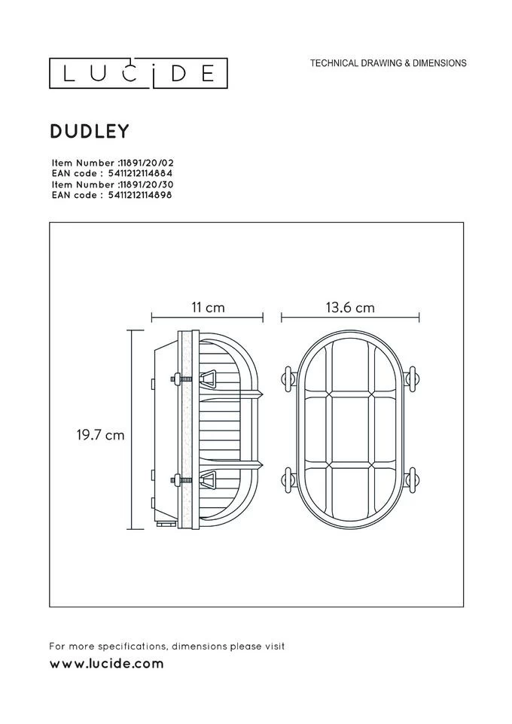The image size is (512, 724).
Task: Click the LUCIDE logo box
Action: click(139, 73)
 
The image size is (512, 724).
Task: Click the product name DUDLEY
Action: click(90, 131)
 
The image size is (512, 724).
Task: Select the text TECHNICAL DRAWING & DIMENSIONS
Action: click(388, 64)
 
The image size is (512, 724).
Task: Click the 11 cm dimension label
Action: click(208, 308)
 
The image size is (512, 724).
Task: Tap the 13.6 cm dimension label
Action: click(350, 308)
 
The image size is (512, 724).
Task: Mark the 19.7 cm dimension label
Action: click(100, 434)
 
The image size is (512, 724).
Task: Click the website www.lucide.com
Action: click(106, 664)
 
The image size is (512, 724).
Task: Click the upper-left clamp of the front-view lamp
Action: click(288, 379)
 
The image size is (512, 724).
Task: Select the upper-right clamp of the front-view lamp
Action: click(411, 379)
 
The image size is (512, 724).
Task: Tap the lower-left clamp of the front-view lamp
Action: click(288, 479)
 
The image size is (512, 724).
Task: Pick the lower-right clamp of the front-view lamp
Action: click(411, 479)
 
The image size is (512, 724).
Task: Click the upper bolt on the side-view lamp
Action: click(178, 379)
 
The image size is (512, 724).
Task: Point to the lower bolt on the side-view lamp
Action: click(178, 478)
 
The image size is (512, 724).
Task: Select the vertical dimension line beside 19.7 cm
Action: click(133, 429)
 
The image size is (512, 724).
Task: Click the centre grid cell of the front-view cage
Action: click(349, 429)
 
